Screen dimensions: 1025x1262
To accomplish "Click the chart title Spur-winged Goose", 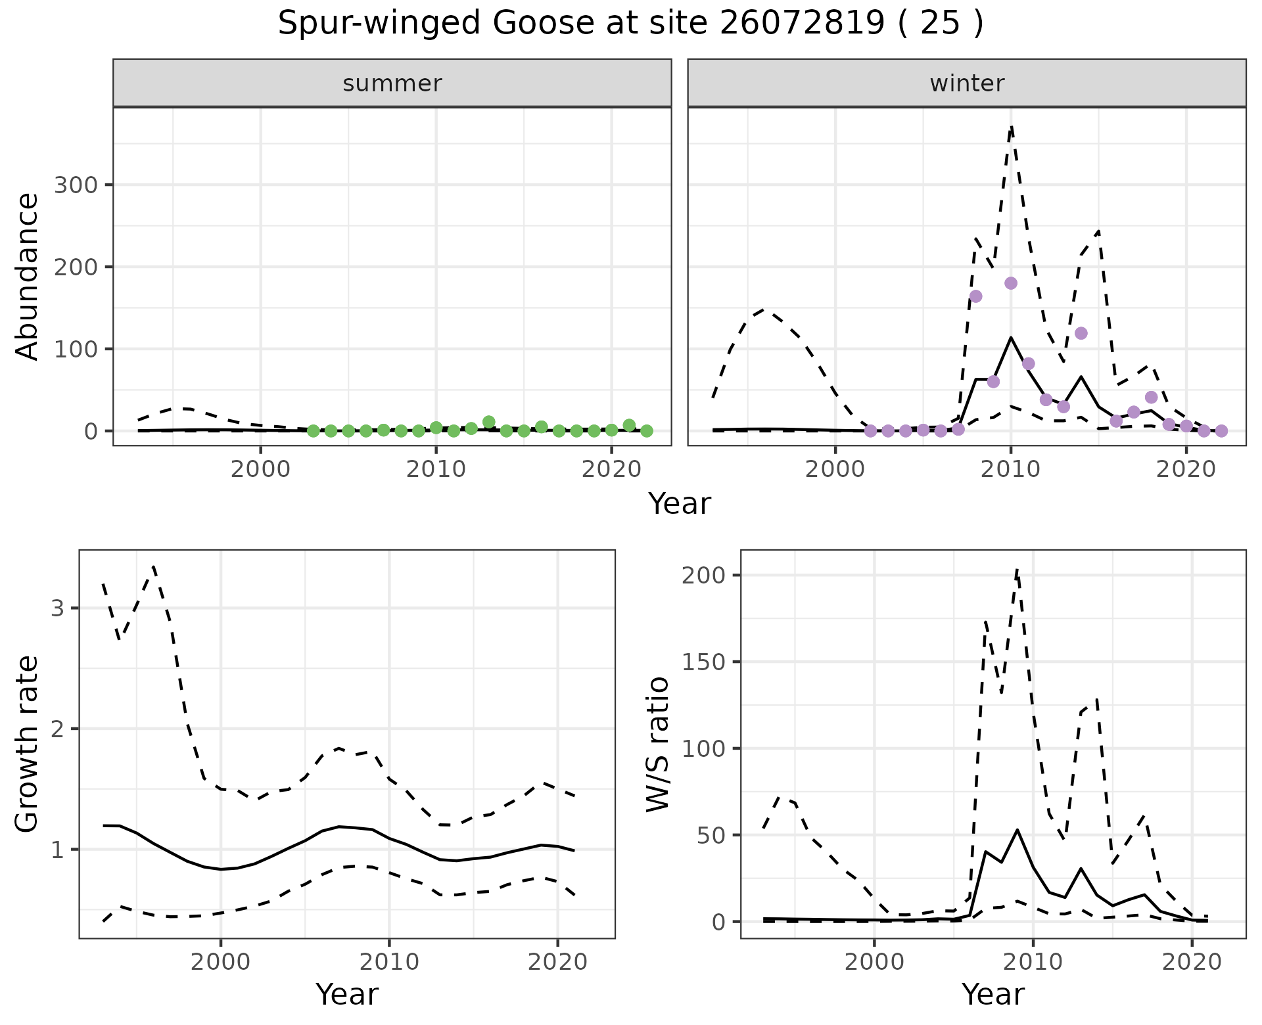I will (x=630, y=24).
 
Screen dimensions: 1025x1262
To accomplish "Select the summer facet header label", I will (x=392, y=83).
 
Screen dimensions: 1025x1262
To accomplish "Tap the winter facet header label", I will (x=967, y=83).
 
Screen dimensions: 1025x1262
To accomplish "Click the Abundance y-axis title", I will (x=27, y=277).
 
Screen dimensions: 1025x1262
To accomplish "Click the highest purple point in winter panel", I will (x=1011, y=283).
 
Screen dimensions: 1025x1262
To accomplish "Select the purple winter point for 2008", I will (x=975, y=296).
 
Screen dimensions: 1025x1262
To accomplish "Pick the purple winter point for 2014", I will (x=1081, y=334).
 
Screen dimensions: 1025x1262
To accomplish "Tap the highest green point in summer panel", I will (x=488, y=422).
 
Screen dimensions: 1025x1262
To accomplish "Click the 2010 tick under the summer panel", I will (x=436, y=469).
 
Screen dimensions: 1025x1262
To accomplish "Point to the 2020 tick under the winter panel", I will (x=1186, y=469).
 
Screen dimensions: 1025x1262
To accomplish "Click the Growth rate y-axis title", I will (x=27, y=744).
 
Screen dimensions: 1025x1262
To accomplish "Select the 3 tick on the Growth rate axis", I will (x=57, y=608).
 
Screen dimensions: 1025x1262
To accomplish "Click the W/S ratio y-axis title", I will (x=658, y=744).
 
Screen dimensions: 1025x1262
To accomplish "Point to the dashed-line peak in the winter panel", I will (x=1011, y=126).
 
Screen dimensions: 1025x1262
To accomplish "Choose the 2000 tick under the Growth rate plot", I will (x=221, y=963).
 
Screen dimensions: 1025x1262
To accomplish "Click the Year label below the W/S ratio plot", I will (x=993, y=995).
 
